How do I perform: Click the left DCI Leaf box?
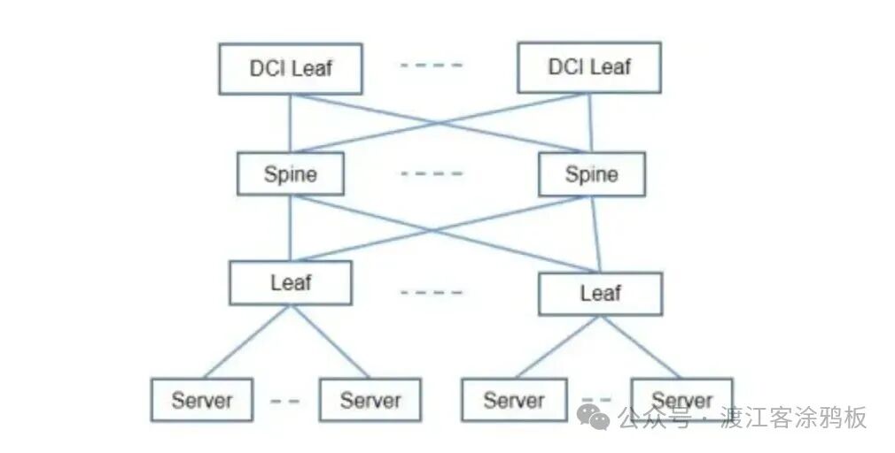(290, 68)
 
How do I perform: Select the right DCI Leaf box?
(588, 67)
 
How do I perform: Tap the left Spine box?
(290, 173)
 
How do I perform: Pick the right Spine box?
(591, 173)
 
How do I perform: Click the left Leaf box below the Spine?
(290, 283)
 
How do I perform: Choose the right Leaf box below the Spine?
(600, 293)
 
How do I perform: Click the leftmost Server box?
(201, 400)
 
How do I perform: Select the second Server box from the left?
(370, 400)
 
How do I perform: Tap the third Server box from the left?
(514, 400)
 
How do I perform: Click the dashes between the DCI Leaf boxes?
(431, 65)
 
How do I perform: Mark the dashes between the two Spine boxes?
(431, 173)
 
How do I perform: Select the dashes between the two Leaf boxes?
(431, 292)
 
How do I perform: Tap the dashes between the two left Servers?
(284, 401)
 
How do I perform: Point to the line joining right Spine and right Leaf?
(595, 234)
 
